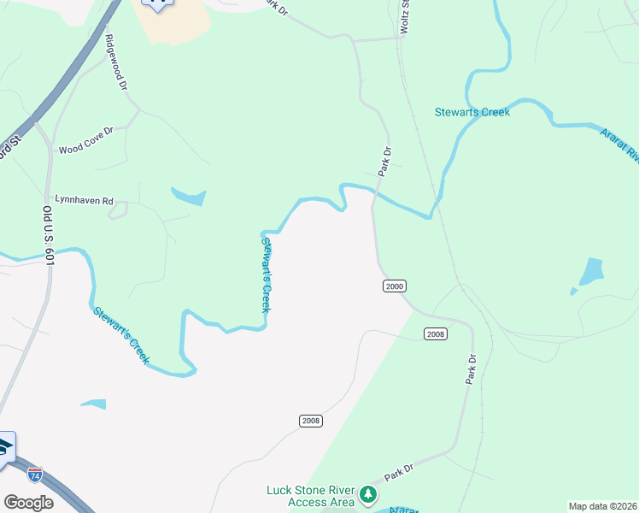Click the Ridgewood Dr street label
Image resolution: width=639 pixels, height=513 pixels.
tap(116, 63)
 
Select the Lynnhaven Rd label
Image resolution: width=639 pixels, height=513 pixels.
tap(84, 200)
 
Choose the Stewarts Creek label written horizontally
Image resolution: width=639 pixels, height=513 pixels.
tap(472, 112)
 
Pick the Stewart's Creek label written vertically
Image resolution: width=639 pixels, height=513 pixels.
tap(266, 274)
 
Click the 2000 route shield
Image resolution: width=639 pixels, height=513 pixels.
tap(394, 286)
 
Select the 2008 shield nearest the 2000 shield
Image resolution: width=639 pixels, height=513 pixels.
tap(435, 333)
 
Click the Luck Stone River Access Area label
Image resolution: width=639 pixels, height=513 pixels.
tap(310, 496)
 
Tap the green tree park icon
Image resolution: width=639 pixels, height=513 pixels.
tap(368, 494)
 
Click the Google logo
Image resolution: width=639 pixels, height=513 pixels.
tap(28, 503)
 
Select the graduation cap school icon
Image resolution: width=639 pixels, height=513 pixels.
tap(4, 449)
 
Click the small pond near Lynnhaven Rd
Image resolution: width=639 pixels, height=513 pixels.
tap(191, 197)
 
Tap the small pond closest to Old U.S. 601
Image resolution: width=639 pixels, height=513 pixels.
tap(93, 404)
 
